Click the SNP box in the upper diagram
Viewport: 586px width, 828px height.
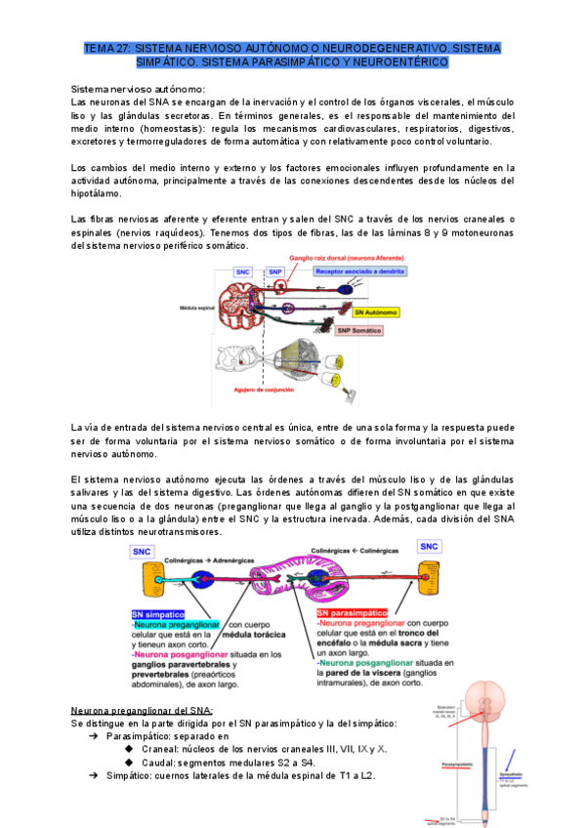click(276, 271)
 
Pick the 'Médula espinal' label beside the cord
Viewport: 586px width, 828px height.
click(196, 308)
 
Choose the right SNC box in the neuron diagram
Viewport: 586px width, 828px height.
click(428, 547)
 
